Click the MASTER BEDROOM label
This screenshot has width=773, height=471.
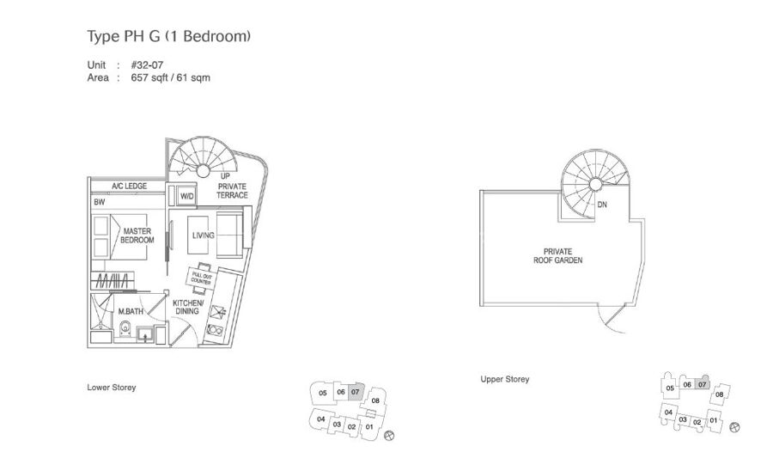tap(137, 235)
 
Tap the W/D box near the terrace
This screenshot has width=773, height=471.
tap(186, 197)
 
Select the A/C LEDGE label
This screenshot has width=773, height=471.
tap(128, 187)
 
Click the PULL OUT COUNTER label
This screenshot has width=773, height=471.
tap(202, 276)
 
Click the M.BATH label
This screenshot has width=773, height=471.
tap(131, 310)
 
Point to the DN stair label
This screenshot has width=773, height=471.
tap(602, 205)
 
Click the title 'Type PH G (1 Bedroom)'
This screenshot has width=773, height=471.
tap(168, 37)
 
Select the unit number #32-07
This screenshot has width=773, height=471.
tap(146, 65)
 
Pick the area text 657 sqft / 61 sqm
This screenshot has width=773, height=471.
tap(170, 77)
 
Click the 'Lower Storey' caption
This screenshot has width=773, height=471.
tap(112, 388)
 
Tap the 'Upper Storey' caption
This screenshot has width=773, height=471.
tap(505, 379)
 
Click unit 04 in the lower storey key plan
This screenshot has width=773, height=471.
tap(321, 419)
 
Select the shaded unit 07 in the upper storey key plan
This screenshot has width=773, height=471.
tap(702, 384)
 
